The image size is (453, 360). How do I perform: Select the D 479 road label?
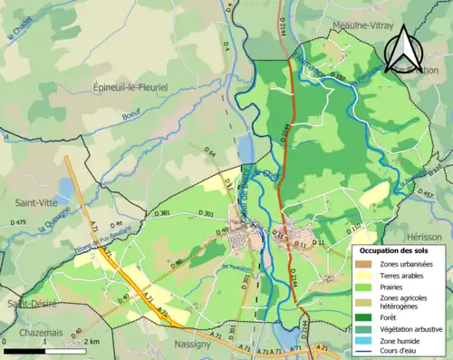(x=18, y=222)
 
